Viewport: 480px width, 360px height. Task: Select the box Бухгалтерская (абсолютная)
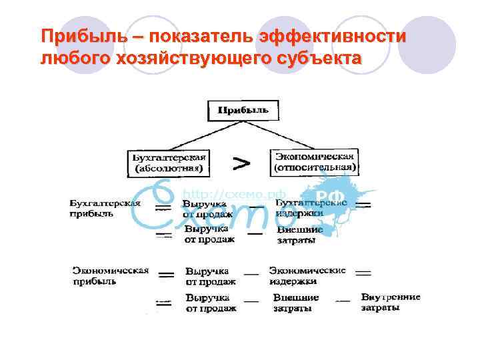[169, 163]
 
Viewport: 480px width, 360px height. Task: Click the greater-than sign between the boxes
[241, 162]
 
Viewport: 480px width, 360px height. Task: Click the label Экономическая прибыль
[110, 276]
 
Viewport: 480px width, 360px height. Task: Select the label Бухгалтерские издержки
[311, 207]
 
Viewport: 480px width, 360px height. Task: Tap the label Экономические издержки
[307, 276]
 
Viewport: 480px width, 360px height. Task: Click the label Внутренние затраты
[391, 302]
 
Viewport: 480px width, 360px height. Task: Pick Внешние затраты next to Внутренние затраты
[296, 303]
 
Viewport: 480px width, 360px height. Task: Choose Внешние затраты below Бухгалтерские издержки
[299, 235]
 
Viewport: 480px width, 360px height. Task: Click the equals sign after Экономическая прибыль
[166, 275]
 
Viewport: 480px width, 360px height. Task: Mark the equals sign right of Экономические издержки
[363, 273]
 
